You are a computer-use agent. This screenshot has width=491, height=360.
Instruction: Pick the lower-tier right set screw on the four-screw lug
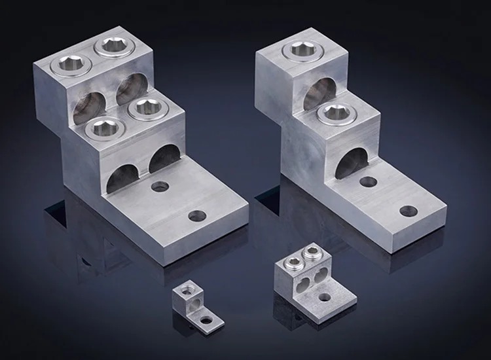pos(143,108)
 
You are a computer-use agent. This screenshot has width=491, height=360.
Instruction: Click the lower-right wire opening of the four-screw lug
pos(164,158)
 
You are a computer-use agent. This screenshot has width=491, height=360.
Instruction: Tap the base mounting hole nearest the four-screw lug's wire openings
pos(158,187)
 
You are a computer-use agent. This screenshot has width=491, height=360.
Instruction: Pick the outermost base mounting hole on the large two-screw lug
pos(408,211)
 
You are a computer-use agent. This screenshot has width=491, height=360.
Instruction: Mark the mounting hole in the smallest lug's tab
pos(208,321)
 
